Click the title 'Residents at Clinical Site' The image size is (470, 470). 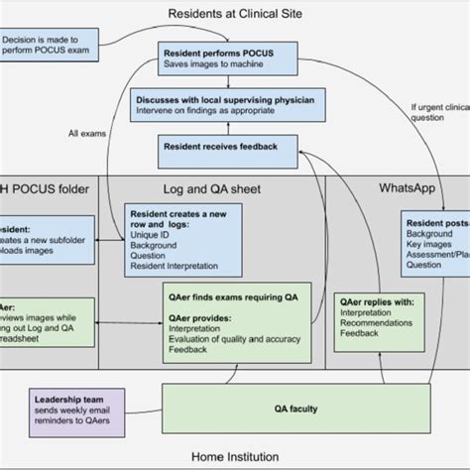235,13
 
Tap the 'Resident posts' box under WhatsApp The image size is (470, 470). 435,244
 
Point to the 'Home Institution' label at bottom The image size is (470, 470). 235,458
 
